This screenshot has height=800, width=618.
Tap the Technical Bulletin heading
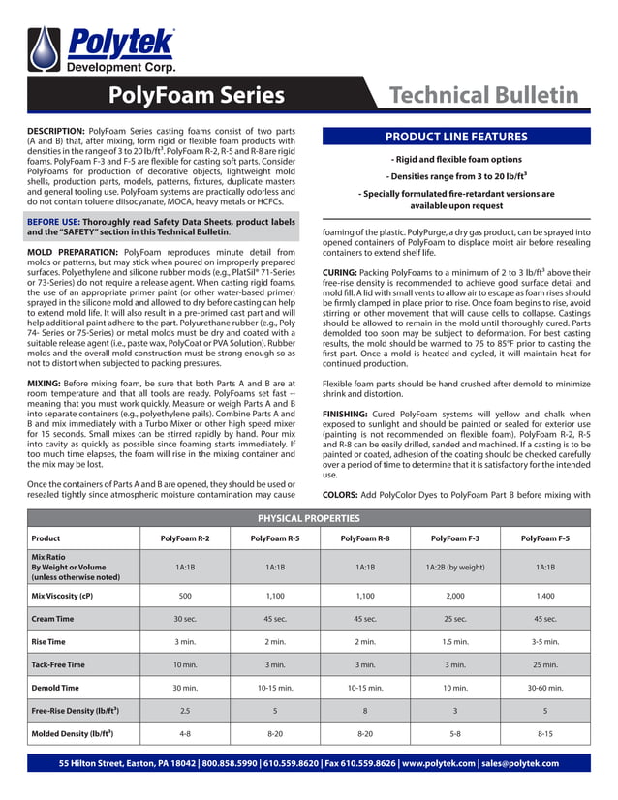point(482,95)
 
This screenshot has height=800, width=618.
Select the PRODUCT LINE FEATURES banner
point(455,137)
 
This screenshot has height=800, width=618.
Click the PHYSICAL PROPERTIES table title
point(308,518)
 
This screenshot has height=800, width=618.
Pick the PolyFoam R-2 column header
point(184,538)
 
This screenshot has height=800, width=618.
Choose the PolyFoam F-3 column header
point(455,538)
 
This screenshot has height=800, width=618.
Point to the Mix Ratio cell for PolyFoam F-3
point(455,567)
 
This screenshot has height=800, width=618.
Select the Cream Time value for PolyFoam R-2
point(184,619)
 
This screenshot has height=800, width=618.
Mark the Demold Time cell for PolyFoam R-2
point(184,689)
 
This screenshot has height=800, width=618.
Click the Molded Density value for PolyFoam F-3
point(455,735)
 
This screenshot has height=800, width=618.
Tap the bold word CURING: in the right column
point(343,275)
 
